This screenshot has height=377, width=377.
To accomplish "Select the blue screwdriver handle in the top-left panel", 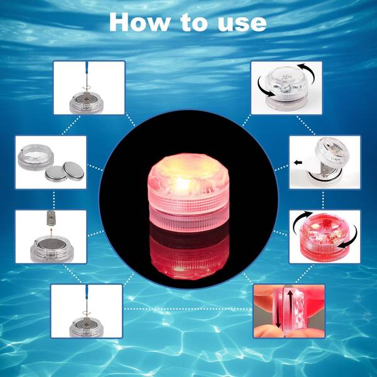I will tap(85, 70).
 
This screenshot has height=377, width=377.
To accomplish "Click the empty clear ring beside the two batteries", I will tap(35, 158).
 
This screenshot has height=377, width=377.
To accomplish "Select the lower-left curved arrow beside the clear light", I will tap(266, 96).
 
